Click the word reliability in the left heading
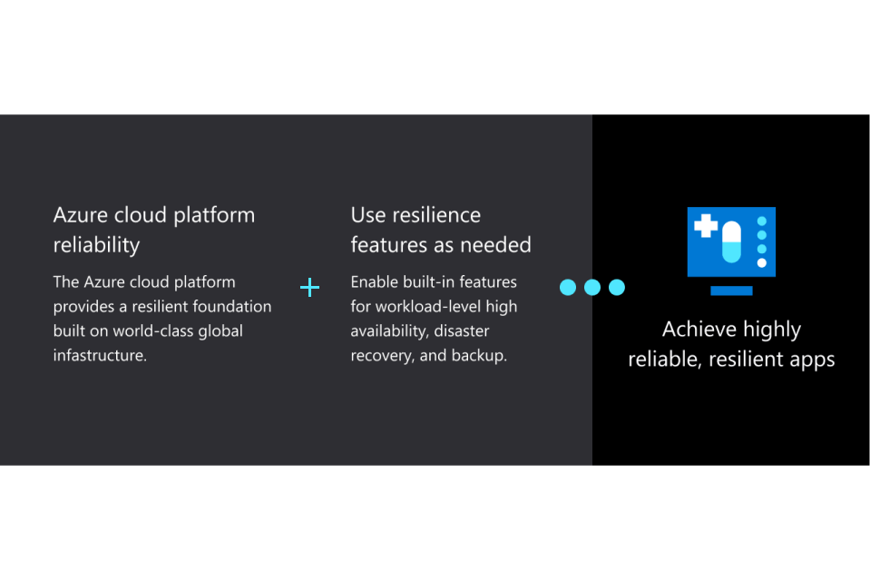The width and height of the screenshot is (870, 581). point(96,245)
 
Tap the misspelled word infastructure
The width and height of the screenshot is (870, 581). point(100,355)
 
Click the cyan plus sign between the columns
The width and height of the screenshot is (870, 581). point(309,288)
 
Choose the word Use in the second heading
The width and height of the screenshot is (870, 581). point(368,215)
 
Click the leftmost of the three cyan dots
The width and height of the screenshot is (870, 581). point(568,288)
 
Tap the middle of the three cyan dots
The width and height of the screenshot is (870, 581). point(592,288)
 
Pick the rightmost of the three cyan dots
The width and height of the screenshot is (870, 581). point(617,288)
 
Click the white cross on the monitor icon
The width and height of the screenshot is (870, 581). point(705,225)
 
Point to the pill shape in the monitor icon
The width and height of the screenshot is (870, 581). point(731,241)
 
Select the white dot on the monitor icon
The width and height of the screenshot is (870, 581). point(762,263)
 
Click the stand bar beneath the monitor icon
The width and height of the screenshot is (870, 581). point(731,291)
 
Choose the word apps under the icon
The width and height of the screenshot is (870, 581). point(812,359)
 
